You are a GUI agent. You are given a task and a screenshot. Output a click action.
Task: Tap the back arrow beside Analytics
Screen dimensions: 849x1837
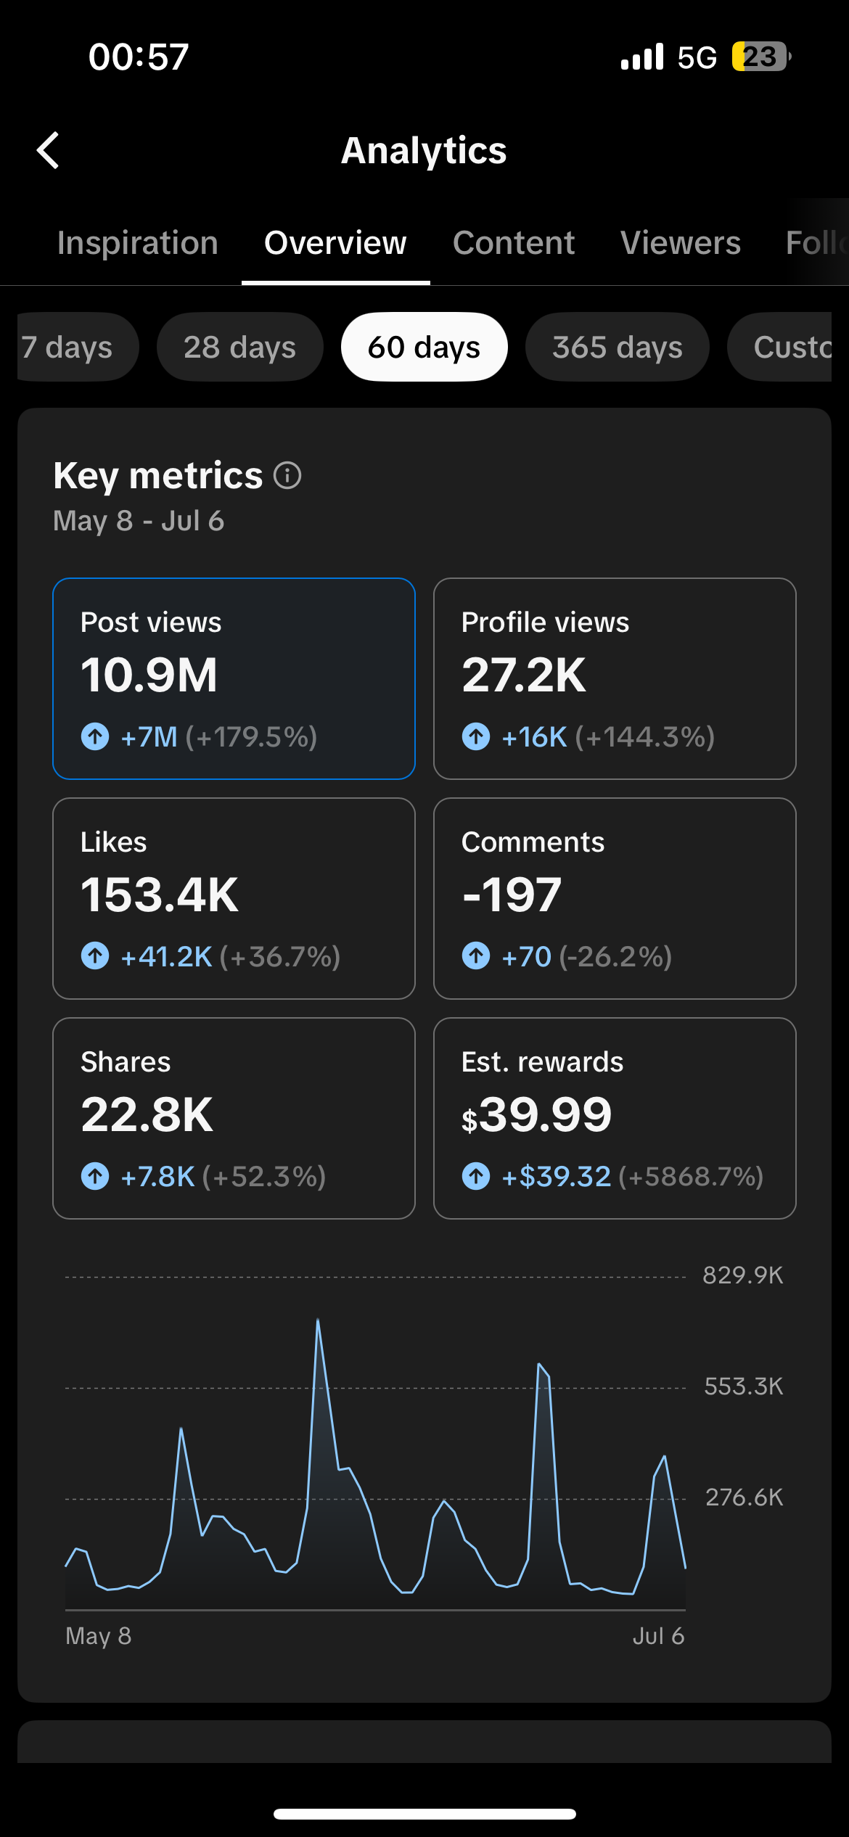(x=48, y=150)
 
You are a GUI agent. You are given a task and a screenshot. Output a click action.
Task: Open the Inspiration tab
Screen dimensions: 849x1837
(x=138, y=242)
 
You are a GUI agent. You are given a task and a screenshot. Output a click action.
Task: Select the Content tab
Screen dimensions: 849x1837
(x=514, y=242)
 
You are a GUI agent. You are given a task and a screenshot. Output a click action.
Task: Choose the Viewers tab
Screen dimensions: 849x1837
(x=681, y=242)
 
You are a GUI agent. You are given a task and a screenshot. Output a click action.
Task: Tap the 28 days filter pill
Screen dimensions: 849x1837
(x=239, y=347)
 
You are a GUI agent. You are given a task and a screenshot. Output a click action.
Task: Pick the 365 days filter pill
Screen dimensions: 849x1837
(x=618, y=347)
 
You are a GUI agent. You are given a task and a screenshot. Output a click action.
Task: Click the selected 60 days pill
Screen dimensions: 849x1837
(x=424, y=347)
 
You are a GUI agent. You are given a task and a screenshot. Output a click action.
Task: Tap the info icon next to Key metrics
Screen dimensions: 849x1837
(x=287, y=476)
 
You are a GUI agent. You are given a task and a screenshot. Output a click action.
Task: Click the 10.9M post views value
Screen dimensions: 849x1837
(x=149, y=675)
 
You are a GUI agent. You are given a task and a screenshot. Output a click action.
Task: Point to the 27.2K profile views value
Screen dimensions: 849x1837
(x=524, y=675)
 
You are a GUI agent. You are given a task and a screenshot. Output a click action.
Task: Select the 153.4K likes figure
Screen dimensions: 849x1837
(x=160, y=895)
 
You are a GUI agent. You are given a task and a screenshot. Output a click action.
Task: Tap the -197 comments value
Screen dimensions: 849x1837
(x=512, y=895)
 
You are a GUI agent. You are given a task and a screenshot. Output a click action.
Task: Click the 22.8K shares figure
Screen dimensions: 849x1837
(x=147, y=1114)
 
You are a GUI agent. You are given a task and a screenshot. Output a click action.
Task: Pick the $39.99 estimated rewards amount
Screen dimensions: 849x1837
(x=537, y=1114)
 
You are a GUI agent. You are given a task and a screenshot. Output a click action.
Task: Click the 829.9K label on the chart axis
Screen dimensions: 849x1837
(x=743, y=1275)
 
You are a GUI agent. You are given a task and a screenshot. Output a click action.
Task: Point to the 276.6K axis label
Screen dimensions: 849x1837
(x=745, y=1497)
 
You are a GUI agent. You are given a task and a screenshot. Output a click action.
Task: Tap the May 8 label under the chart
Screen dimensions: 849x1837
(x=99, y=1635)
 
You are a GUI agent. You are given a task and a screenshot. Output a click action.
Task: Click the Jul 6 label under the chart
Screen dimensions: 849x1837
(x=658, y=1635)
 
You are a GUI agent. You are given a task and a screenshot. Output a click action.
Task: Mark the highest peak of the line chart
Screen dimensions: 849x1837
(x=318, y=1320)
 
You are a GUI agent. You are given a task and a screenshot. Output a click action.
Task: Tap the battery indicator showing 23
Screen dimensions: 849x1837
(x=760, y=57)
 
